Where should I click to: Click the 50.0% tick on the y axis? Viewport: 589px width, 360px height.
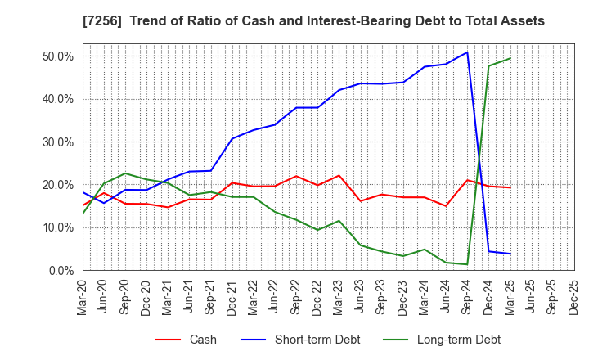click(x=57, y=56)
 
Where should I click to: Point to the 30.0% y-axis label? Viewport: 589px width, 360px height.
click(x=57, y=142)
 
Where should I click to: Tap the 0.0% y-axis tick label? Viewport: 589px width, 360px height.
click(x=61, y=271)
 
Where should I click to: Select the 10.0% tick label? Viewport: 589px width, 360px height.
click(x=57, y=227)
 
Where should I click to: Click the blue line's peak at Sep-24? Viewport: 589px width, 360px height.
click(x=467, y=52)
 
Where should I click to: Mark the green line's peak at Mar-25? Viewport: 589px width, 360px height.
click(x=510, y=58)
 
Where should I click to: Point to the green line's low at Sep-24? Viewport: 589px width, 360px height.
click(x=467, y=264)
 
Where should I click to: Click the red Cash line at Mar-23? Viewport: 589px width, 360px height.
click(x=339, y=175)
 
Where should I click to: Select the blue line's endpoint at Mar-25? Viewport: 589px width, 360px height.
click(x=510, y=254)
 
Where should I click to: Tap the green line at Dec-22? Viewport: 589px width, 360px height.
click(x=317, y=230)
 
